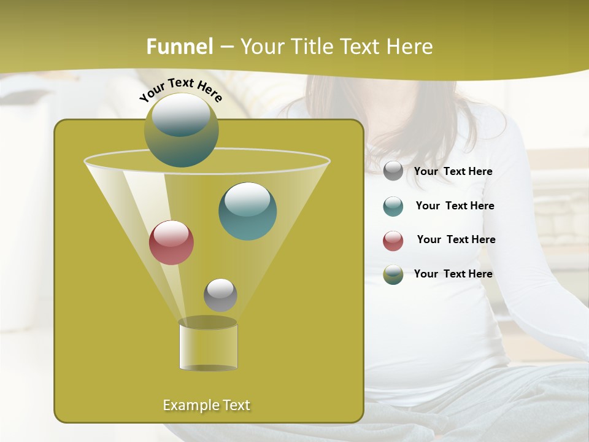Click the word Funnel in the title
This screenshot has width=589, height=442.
pyautogui.click(x=180, y=47)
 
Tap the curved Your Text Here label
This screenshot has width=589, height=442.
pyautogui.click(x=181, y=90)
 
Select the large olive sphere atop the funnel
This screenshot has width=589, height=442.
pyautogui.click(x=182, y=131)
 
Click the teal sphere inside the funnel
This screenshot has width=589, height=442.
pyautogui.click(x=248, y=212)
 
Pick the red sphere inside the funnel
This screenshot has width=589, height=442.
pyautogui.click(x=172, y=242)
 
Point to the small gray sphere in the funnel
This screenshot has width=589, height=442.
pyautogui.click(x=220, y=295)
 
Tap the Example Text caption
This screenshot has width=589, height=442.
pyautogui.click(x=207, y=405)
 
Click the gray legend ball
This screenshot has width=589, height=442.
pyautogui.click(x=393, y=171)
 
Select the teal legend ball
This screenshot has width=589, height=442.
pyautogui.click(x=393, y=206)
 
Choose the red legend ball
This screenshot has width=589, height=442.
pyautogui.click(x=393, y=241)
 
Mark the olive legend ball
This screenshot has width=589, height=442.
pyautogui.click(x=393, y=274)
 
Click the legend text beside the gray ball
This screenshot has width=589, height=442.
pyautogui.click(x=453, y=172)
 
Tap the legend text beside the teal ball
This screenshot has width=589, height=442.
pyautogui.click(x=455, y=206)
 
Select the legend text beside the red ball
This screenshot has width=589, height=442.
pyautogui.click(x=456, y=240)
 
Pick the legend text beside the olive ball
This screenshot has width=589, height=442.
pyautogui.click(x=453, y=274)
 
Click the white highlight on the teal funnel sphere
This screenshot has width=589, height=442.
pyautogui.click(x=248, y=200)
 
